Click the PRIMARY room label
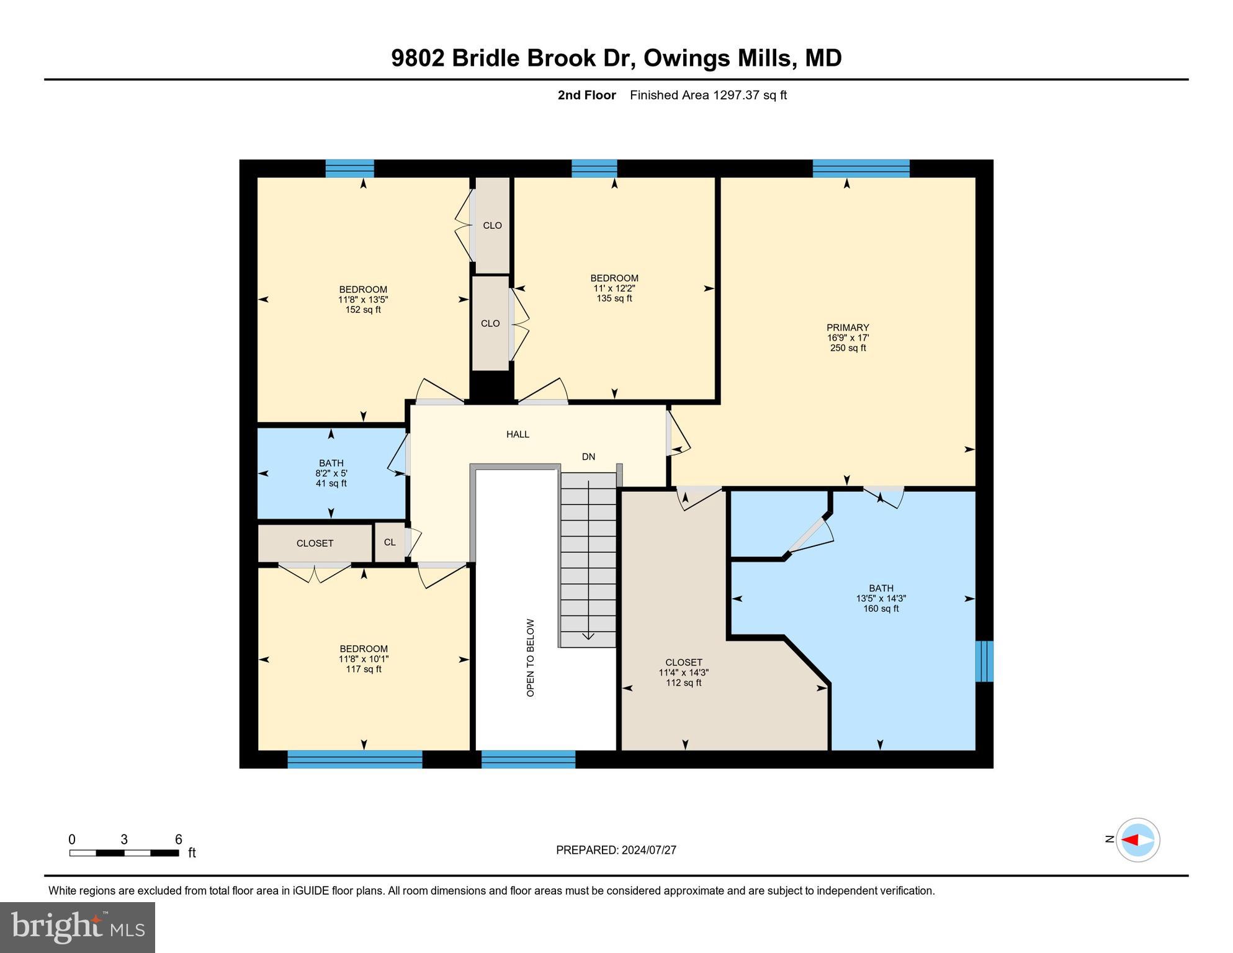tap(848, 328)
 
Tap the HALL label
tap(518, 434)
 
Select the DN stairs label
tap(588, 457)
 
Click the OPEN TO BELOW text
tap(530, 658)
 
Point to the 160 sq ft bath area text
tap(881, 609)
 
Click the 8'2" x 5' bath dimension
tap(331, 473)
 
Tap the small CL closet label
tap(390, 542)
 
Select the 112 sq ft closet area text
tap(683, 682)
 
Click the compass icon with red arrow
tap(1137, 839)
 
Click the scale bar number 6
tap(178, 839)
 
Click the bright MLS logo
tap(78, 927)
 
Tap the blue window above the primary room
tap(861, 168)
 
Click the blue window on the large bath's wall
tap(984, 661)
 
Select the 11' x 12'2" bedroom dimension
tap(614, 289)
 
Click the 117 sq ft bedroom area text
tap(364, 669)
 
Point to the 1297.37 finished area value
tap(736, 95)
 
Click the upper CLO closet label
tap(492, 225)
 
